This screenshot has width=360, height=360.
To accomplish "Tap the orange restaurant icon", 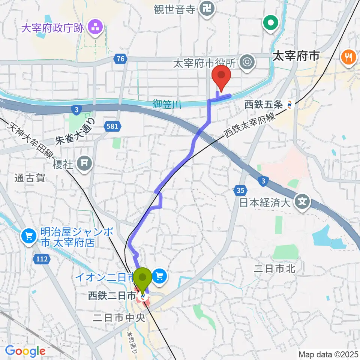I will [x=349, y=57].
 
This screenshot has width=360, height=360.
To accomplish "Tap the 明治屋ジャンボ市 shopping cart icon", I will [x=29, y=235].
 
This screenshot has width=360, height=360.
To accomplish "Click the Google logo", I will [x=25, y=351].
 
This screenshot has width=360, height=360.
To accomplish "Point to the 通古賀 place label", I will [x=30, y=178].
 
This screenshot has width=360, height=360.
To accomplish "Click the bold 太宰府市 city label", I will [x=296, y=57].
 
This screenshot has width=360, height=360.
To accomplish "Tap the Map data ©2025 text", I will [x=328, y=354].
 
